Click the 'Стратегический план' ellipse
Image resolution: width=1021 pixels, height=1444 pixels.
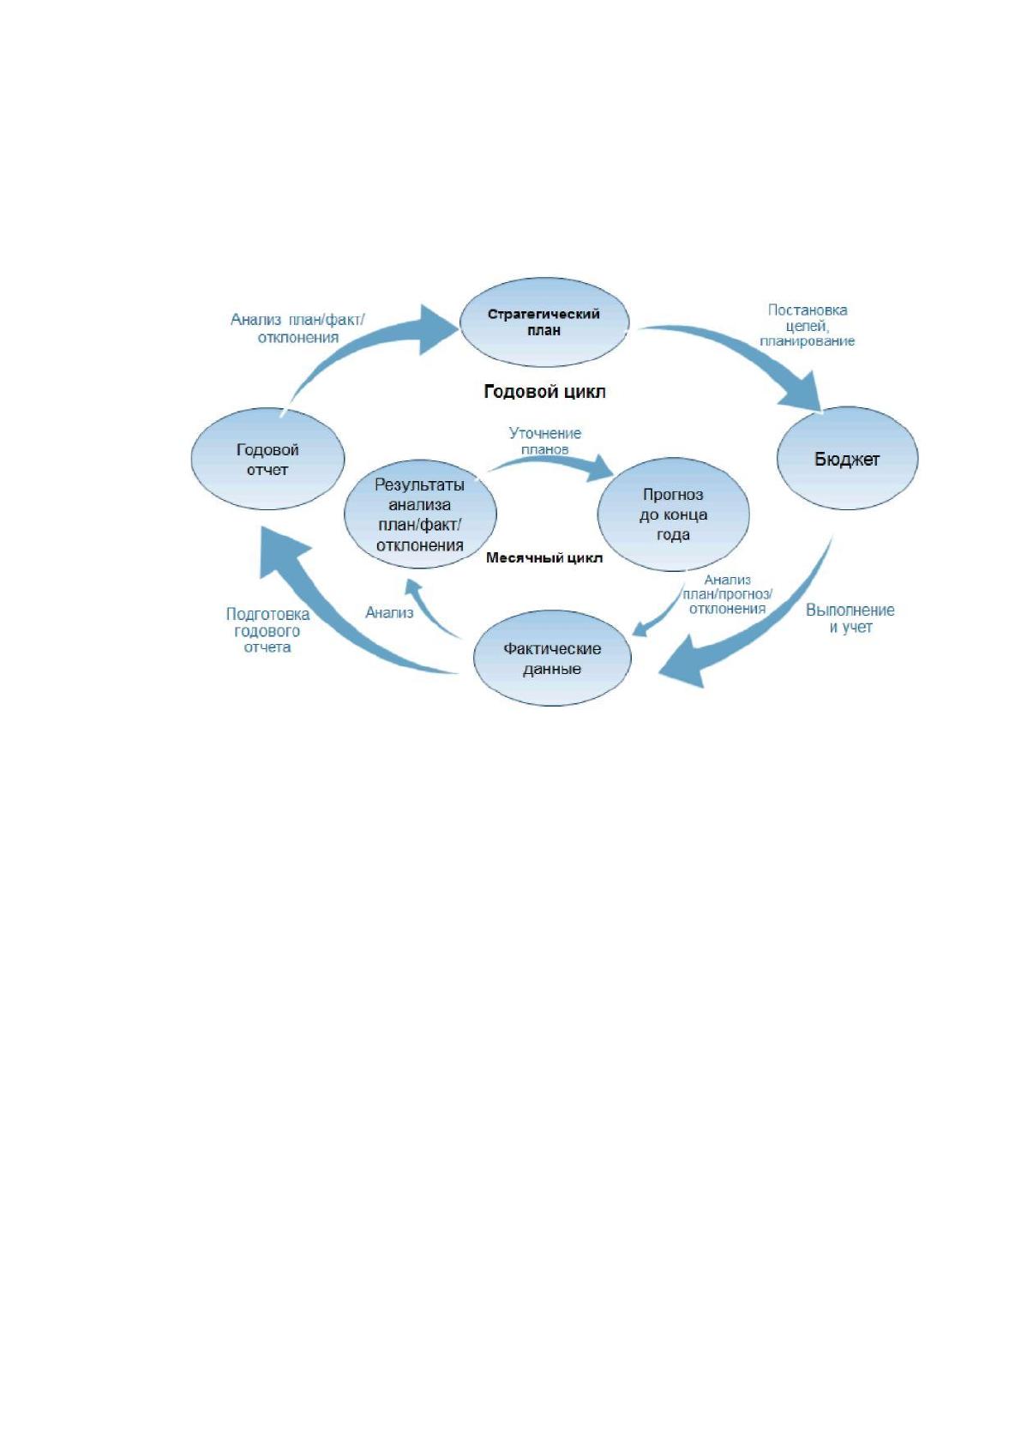[544, 322]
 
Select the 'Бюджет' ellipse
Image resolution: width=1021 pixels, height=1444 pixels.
[847, 459]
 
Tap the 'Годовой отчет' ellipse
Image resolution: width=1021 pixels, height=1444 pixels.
[267, 459]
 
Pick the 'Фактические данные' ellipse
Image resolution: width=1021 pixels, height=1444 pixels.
[552, 659]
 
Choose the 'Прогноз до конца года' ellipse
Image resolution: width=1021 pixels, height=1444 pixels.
[673, 514]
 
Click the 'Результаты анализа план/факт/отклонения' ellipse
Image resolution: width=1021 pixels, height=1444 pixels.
[420, 514]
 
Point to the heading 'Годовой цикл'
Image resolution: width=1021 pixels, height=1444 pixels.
[544, 392]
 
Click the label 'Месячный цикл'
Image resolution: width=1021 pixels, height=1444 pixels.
[544, 557]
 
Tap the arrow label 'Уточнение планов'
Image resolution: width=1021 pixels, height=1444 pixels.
[545, 441]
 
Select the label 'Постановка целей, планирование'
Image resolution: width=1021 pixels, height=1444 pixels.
[807, 326]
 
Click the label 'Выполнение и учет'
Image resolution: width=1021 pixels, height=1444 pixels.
[850, 618]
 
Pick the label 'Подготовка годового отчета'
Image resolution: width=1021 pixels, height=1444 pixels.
[267, 630]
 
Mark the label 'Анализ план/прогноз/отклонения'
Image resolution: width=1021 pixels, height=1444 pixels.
[727, 594]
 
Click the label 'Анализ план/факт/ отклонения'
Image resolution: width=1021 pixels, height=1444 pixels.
[297, 328]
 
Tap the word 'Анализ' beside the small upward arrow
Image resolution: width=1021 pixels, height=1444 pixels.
[389, 612]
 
